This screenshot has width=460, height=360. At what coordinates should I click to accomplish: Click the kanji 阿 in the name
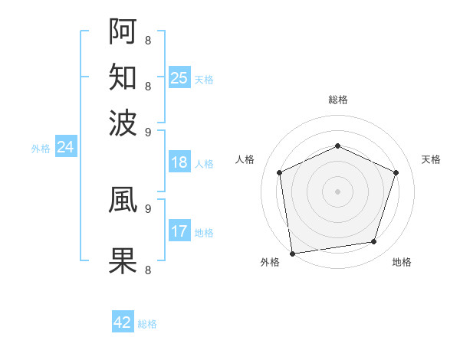pos(123,31)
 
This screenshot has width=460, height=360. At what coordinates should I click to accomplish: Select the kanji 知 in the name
pos(123,77)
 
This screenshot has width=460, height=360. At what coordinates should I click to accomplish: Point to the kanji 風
pos(123,199)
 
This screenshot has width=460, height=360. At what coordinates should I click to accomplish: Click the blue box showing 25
pos(179,77)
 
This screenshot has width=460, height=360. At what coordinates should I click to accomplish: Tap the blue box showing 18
pos(179,162)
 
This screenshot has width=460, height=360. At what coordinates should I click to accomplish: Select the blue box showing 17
pos(179,231)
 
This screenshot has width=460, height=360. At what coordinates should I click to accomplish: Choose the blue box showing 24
pos(65,147)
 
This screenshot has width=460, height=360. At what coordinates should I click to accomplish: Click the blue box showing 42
pos(123,322)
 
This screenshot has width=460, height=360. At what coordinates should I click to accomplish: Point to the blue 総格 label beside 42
pos(147,324)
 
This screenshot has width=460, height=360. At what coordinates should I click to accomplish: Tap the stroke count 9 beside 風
pos(147,208)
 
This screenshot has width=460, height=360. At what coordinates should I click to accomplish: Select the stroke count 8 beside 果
pos(147,270)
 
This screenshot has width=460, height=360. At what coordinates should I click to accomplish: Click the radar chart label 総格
pos(338,100)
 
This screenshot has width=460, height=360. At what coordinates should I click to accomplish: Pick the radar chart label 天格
pos(431,159)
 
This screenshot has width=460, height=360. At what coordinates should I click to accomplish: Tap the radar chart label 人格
pos(245,159)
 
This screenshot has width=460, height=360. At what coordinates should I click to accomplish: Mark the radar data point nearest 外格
pos(292,253)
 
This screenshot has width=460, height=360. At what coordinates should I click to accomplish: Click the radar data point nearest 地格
pos(374,242)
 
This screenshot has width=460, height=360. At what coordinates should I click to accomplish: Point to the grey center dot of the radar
pos(338,191)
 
